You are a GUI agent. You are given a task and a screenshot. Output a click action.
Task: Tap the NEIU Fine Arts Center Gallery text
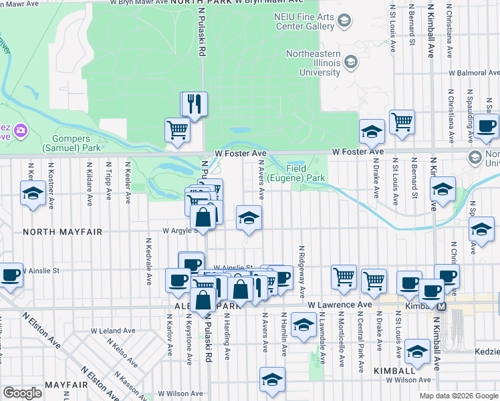click(304, 21)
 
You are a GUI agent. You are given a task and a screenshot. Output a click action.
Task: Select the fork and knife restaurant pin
click(195, 104)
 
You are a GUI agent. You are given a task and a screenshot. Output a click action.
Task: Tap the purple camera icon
click(20, 129)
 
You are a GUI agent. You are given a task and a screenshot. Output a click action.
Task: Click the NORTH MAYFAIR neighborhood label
click(62, 232)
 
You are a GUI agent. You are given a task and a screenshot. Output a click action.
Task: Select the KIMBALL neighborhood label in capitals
click(396, 370)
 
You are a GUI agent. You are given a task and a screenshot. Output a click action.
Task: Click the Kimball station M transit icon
click(441, 306)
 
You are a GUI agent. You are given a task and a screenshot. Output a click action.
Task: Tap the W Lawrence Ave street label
click(340, 305)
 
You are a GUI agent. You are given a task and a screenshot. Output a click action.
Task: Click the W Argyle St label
click(179, 231)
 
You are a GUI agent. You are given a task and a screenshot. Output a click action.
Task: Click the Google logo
click(23, 393)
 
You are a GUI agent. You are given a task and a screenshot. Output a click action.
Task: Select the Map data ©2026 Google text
click(458, 396)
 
